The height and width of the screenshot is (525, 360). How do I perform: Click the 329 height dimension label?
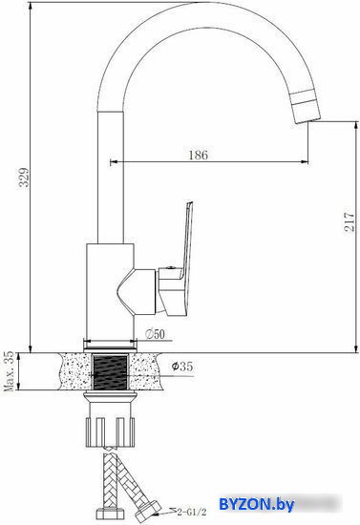pos(24,177)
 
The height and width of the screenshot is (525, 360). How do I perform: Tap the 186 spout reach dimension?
pos(199,155)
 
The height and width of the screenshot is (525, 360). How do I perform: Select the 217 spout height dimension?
pos(349,221)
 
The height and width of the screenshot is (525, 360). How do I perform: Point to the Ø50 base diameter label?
pos(155,334)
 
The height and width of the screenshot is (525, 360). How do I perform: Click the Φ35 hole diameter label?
pos(182,367)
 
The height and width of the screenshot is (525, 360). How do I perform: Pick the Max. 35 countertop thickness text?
pos(9,371)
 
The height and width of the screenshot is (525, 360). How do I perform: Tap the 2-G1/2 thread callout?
pos(192,513)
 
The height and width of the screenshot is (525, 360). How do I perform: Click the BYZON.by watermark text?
pos(257,504)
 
